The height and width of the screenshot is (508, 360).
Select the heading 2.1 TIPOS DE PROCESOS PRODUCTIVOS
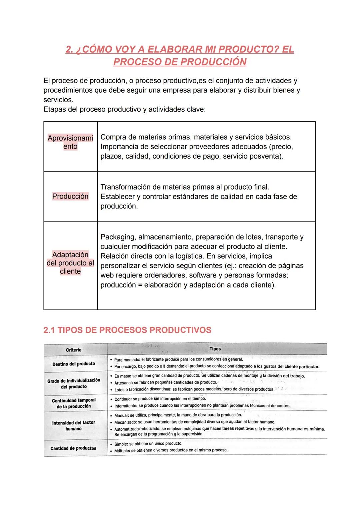pos(127,330)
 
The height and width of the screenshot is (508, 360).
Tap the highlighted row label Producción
pos(70,196)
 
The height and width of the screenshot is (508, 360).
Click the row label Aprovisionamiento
pos(70,142)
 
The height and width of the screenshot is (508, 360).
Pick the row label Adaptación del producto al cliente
pos(70,263)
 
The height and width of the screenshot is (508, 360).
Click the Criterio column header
pos(74,350)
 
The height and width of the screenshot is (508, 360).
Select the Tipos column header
pos(215,349)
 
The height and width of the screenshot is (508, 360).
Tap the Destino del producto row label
pos(74,364)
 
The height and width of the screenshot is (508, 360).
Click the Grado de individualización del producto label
pos(74,383)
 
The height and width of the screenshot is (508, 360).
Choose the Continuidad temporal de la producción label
pos(74,403)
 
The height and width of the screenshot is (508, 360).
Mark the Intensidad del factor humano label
pos(74,425)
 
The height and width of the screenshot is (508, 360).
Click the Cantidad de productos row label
pos(73,448)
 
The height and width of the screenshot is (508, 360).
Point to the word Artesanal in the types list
pos(124,382)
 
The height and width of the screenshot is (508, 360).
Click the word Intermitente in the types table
pos(126,406)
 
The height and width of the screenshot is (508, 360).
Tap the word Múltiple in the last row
pos(122,450)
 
